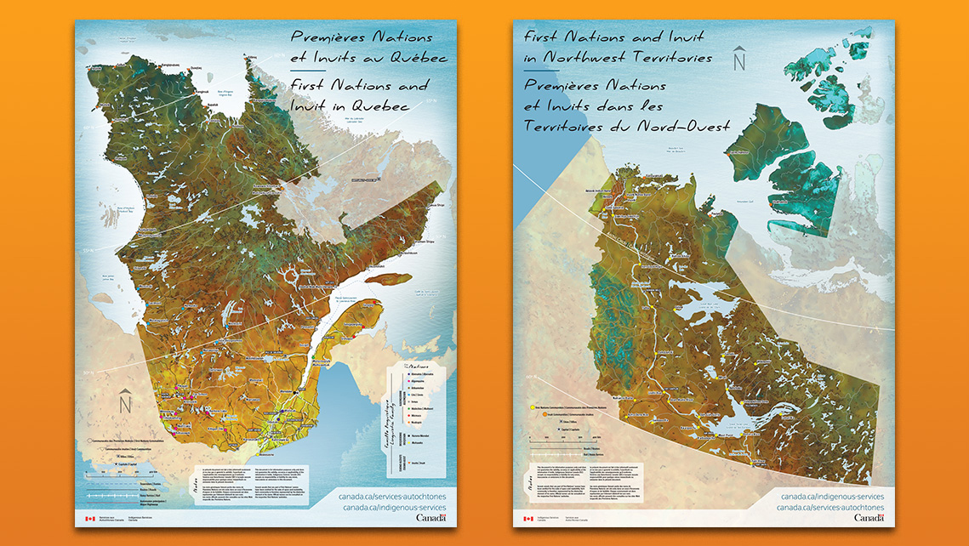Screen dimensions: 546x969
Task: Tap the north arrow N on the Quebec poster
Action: pyautogui.click(x=125, y=401)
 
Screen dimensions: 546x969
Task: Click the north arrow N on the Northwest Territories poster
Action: pyautogui.click(x=739, y=58)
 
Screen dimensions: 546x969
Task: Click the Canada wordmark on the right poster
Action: pyautogui.click(x=869, y=518)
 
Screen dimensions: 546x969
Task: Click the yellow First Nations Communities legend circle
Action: pyautogui.click(x=533, y=407)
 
